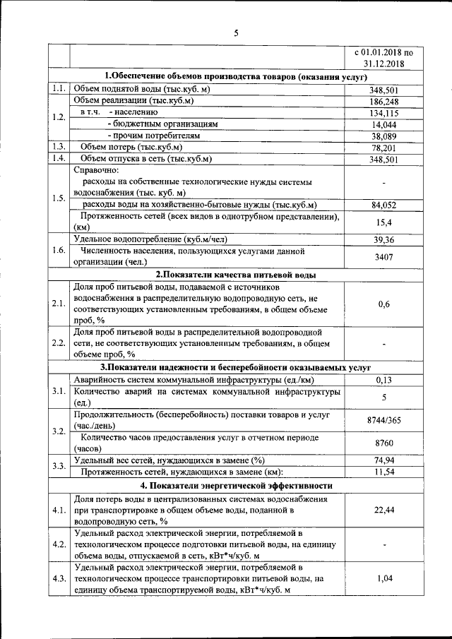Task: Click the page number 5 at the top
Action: pos(237,32)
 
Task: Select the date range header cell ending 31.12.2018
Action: pos(383,57)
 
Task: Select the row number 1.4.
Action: pos(59,158)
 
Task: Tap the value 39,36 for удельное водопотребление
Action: pos(383,239)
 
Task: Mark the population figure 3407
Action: pos(383,256)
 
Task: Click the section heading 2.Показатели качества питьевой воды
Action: pos(235,275)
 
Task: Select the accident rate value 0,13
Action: pos(383,380)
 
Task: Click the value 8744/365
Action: pos(383,420)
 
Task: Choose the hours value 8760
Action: pos(383,443)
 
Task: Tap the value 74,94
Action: pos(383,460)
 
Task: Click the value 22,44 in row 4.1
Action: pos(383,510)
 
